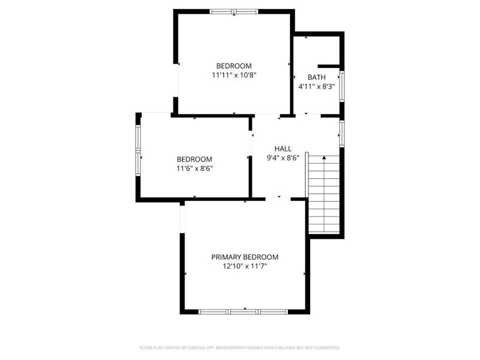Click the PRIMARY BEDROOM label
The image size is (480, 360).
click(245, 257)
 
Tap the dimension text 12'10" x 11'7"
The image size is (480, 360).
click(245, 267)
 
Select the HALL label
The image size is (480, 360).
click(283, 148)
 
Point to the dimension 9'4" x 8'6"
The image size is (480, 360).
click(283, 158)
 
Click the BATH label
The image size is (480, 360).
click(316, 77)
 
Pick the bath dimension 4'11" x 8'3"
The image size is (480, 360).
click(316, 87)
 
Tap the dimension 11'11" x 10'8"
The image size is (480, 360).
click(234, 76)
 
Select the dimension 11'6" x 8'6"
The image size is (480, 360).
click(194, 169)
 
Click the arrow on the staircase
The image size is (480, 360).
click(325, 158)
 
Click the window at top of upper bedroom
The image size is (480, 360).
click(234, 11)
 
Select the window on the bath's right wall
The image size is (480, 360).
click(341, 85)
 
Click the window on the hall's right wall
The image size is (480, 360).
click(341, 133)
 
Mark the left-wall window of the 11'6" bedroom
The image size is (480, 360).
click(138, 148)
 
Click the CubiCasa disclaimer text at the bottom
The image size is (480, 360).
click(240, 347)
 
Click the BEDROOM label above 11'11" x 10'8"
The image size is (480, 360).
click(234, 65)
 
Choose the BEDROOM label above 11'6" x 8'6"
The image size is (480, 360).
click(194, 159)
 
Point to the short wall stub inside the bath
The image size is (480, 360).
click(329, 65)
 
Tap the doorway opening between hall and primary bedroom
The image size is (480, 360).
click(278, 199)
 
